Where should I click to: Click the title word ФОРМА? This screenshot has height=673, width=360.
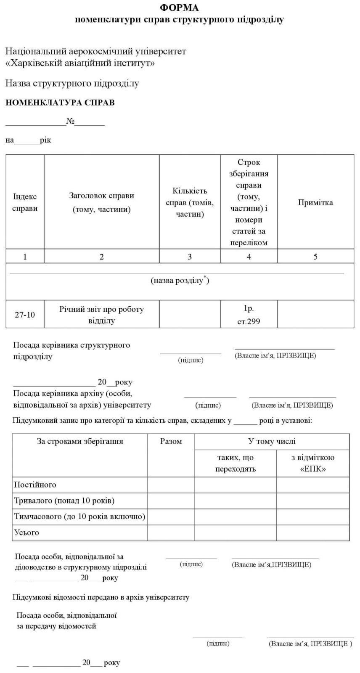[x=179, y=8]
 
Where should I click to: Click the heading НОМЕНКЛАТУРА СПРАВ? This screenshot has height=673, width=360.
[x=60, y=102]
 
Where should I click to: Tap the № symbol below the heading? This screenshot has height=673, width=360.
[x=70, y=122]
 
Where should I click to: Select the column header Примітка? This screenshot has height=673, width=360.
[x=315, y=202]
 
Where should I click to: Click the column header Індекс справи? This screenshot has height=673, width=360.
[x=25, y=202]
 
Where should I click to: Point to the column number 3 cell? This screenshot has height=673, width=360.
[x=190, y=257]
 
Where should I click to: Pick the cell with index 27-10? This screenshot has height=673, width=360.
[x=25, y=315]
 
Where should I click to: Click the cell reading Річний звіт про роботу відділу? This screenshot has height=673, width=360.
[x=101, y=315]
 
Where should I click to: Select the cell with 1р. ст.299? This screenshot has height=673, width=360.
[x=249, y=315]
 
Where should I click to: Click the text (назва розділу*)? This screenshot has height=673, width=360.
[x=180, y=280]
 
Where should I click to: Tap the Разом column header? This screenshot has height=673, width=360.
[x=171, y=441]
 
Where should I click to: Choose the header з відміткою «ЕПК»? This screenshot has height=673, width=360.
[x=313, y=463]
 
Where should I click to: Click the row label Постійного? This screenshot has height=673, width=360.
[x=35, y=485]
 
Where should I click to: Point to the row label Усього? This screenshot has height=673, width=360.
[x=26, y=533]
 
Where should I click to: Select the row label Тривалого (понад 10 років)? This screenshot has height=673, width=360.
[x=64, y=501]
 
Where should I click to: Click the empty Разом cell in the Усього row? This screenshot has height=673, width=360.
[x=171, y=533]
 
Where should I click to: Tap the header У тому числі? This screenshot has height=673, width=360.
[x=272, y=441]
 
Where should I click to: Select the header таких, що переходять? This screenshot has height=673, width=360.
[x=236, y=463]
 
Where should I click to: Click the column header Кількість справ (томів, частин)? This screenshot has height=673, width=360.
[x=190, y=202]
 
